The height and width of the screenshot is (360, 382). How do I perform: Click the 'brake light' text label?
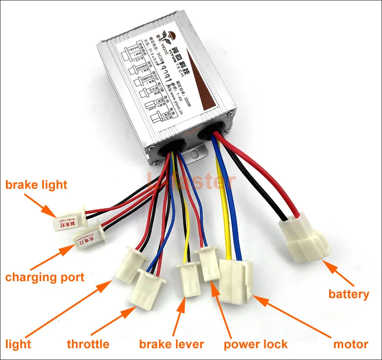pos(36,185)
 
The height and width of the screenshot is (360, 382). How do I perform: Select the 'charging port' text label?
pos(45,277)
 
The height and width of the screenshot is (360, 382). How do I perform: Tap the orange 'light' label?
pos(18,344)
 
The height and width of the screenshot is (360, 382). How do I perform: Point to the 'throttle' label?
pos(88,344)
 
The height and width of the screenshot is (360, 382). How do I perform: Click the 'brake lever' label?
pos(171,344)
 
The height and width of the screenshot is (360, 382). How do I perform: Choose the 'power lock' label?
pos(256,344)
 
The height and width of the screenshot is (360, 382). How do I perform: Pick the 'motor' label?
pos(351,344)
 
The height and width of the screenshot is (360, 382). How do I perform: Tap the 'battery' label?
pos(349,294)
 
